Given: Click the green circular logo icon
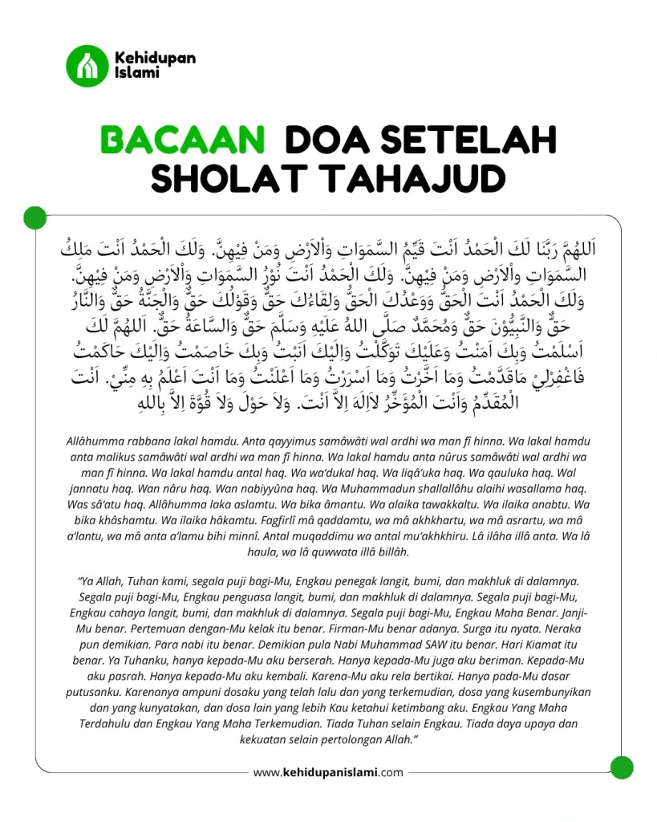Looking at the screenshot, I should pyautogui.click(x=87, y=66).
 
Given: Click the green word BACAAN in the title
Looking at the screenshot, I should pyautogui.click(x=182, y=140).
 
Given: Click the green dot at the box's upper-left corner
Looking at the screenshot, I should pyautogui.click(x=35, y=217).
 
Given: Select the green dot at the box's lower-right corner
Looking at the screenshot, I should pyautogui.click(x=622, y=767).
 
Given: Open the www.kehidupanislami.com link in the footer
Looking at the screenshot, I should pyautogui.click(x=328, y=772).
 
